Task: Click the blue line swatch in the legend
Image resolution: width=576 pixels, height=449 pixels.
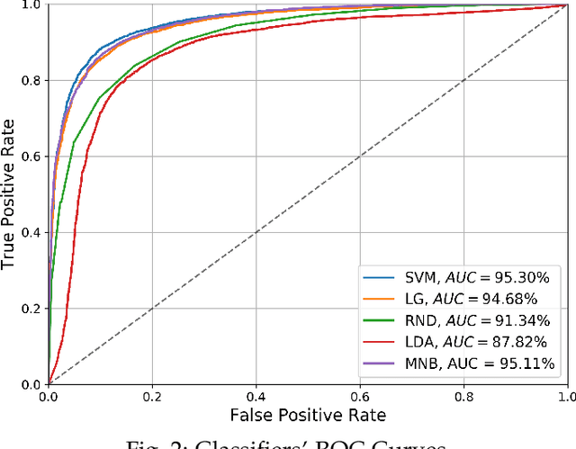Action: (373, 276)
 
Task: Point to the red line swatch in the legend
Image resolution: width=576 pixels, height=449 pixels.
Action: (373, 341)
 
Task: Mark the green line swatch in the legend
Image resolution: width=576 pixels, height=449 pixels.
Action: (373, 319)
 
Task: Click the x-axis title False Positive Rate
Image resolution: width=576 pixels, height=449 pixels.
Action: (308, 415)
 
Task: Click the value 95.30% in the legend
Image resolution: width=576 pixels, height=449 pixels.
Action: (524, 276)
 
